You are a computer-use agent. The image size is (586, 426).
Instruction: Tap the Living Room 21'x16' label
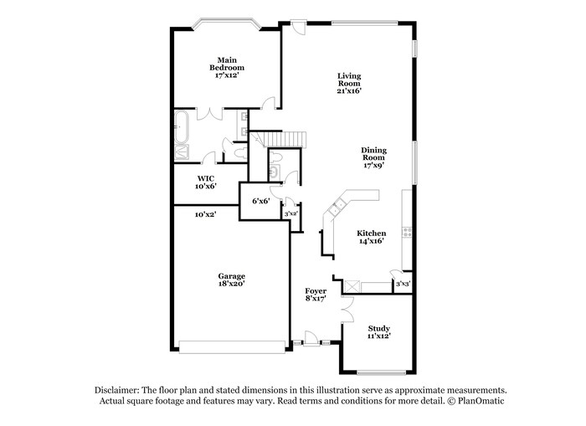point(349,84)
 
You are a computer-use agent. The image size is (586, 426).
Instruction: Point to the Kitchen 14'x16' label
point(372,237)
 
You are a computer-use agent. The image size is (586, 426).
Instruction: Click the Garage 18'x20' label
point(232,280)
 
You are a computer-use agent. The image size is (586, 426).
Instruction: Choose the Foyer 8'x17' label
point(316,295)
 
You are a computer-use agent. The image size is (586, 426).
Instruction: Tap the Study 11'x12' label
point(379,331)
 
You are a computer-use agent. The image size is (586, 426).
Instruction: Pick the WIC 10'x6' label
point(206,182)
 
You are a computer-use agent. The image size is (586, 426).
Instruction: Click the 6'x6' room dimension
point(261,201)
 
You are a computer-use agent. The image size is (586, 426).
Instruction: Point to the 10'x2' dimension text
point(206,214)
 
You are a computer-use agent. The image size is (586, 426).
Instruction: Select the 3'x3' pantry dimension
point(404,284)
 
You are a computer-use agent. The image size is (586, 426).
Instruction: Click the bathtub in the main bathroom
point(182,126)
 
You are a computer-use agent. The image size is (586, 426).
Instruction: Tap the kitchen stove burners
point(407,232)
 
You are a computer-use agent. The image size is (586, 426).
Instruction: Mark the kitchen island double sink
point(337,207)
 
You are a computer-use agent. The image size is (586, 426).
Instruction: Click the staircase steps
point(285,140)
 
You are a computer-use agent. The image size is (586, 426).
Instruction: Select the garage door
point(232,346)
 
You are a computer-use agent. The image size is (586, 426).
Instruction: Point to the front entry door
point(311,339)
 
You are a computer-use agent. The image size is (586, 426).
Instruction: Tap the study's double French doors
point(347,310)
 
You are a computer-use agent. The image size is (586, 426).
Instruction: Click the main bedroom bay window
point(226,23)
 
